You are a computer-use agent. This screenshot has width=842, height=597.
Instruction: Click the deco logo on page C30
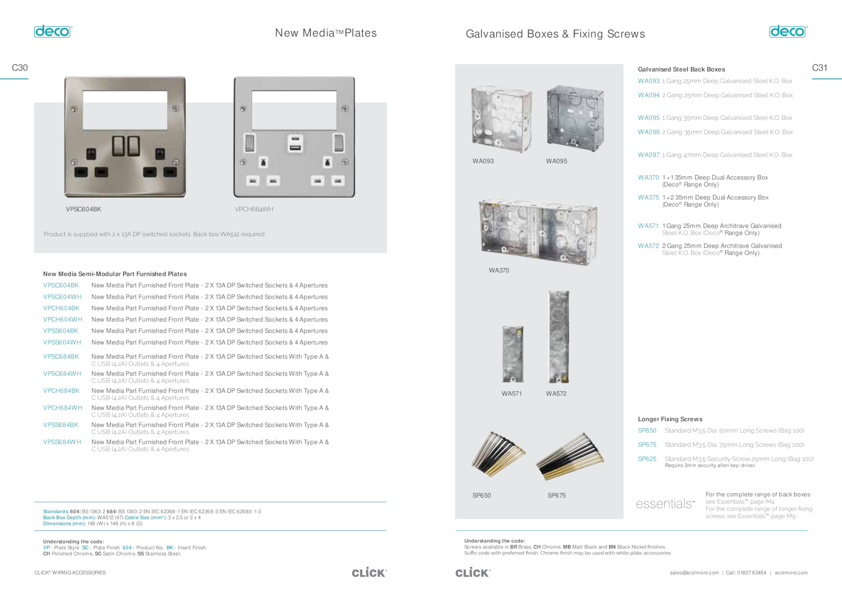[53, 32]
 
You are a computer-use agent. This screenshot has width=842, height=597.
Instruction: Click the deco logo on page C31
[788, 32]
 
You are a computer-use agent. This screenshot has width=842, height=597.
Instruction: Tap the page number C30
[20, 68]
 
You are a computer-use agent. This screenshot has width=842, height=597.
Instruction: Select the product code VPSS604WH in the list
[62, 342]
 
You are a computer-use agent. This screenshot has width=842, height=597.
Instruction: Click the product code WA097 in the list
[648, 155]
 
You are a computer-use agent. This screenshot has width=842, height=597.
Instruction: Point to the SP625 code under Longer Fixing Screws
[647, 459]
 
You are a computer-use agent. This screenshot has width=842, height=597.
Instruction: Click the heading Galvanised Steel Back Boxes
[681, 69]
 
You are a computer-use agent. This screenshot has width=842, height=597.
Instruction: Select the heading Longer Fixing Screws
[670, 419]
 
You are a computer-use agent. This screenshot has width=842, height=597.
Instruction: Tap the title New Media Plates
[326, 33]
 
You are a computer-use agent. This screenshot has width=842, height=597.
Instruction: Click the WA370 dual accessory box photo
[537, 232]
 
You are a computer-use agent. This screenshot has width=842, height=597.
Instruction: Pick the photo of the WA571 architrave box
[513, 355]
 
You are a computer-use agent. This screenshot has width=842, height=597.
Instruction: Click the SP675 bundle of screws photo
[570, 456]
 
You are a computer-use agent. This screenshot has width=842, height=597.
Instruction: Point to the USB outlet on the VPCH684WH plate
[295, 144]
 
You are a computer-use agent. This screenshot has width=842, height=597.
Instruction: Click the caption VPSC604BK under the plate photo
[84, 209]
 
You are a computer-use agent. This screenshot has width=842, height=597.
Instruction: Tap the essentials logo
[665, 504]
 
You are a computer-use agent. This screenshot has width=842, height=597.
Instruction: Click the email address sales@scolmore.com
[694, 573]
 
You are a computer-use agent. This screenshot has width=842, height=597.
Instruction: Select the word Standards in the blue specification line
[56, 511]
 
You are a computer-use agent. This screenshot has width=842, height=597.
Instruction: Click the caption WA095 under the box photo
[556, 161]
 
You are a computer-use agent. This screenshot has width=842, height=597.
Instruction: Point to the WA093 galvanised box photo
[502, 119]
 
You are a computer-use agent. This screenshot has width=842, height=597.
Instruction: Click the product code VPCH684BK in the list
[61, 391]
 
